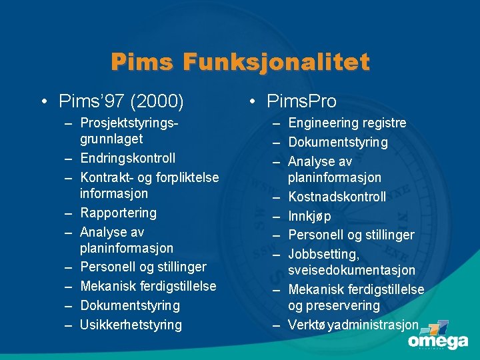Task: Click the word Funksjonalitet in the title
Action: point(276,62)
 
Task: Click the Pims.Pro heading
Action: point(301,101)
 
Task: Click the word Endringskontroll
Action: point(127,158)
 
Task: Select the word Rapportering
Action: point(118,213)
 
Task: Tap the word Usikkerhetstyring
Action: point(131,325)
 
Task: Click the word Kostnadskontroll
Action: point(337,197)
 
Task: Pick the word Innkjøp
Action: point(309,216)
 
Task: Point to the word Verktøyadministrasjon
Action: point(353,325)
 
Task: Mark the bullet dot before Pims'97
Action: point(42,102)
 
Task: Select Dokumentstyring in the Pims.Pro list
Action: point(337,142)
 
